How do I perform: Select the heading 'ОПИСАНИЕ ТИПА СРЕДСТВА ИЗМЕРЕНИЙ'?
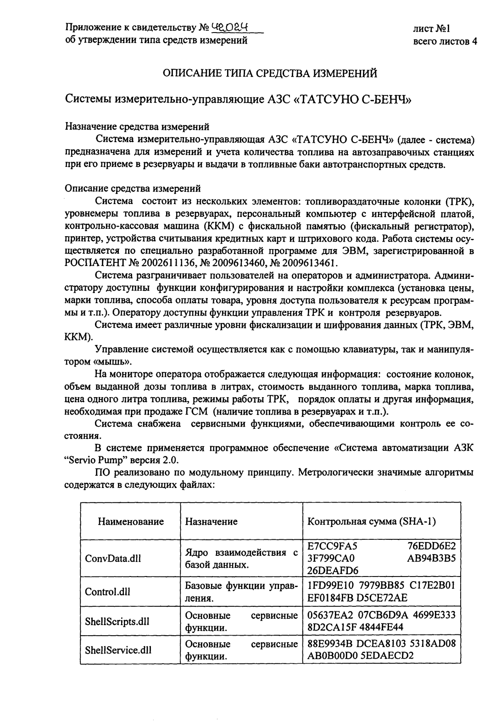[271, 73]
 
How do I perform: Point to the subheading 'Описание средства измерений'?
[133, 188]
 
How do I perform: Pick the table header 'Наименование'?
[131, 521]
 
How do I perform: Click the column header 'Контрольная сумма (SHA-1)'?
[371, 521]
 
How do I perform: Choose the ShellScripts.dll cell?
[117, 621]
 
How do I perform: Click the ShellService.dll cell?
[118, 650]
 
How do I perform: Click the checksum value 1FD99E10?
[327, 586]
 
